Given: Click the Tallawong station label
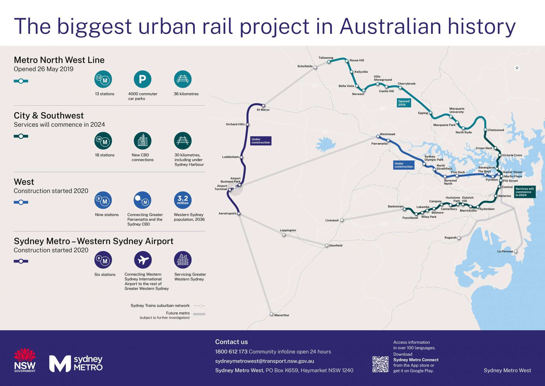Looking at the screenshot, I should [x=326, y=58].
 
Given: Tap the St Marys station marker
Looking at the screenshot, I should [x=263, y=106].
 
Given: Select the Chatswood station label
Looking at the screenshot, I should [x=496, y=130].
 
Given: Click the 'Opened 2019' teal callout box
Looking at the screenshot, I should [x=404, y=103].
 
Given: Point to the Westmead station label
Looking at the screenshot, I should [x=387, y=134].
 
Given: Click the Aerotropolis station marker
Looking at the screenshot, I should [x=239, y=214].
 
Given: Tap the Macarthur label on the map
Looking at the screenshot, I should [x=282, y=315].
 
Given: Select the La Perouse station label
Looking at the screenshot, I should [x=505, y=251].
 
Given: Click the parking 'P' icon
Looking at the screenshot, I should [x=142, y=79].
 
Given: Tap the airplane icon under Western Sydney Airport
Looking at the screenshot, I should [x=143, y=260].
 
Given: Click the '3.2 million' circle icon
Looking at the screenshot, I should [x=183, y=200].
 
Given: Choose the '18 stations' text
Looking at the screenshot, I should [x=105, y=155].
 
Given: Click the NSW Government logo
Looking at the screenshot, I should [x=25, y=360].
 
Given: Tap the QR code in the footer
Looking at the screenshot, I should [x=380, y=364].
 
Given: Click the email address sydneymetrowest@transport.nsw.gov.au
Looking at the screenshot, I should [x=265, y=361].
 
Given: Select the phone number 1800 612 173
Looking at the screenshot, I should [x=231, y=352].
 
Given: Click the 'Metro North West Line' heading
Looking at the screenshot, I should [x=59, y=60].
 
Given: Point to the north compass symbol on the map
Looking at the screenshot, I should [x=517, y=68].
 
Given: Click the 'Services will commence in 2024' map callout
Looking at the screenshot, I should [x=525, y=192].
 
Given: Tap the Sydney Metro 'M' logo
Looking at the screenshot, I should [x=60, y=364].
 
